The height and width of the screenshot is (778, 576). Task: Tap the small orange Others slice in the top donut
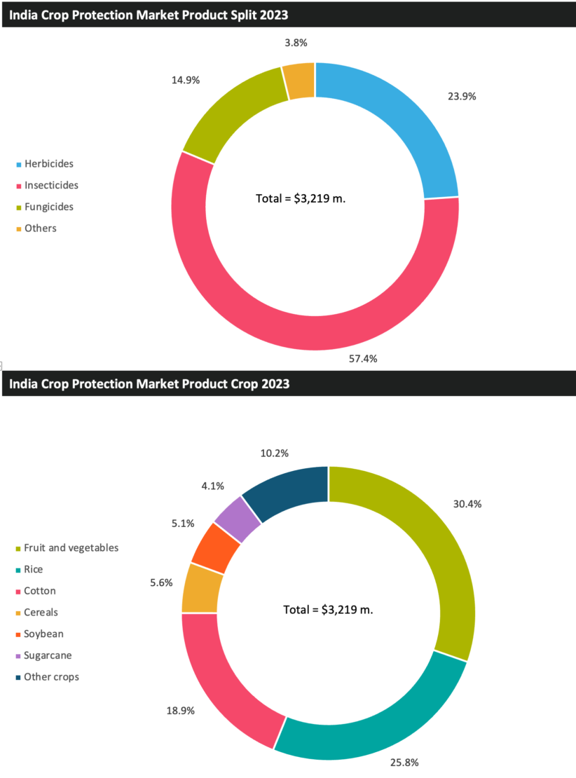tap(299, 81)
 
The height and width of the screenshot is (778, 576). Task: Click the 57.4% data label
tap(363, 358)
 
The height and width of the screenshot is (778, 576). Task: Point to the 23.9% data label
tap(462, 97)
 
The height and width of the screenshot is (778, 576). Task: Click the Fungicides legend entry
tap(48, 207)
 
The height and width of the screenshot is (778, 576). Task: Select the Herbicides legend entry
tap(48, 164)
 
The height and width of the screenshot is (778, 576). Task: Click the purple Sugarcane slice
tap(238, 519)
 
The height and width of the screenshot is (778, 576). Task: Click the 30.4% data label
tap(467, 504)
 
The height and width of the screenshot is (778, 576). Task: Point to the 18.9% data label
tap(180, 710)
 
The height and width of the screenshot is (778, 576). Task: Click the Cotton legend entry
tap(39, 591)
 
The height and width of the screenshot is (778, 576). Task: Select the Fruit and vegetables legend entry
tap(71, 547)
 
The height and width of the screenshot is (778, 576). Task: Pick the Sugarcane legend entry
tap(48, 655)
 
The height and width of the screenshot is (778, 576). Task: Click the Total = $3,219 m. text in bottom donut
tap(328, 610)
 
